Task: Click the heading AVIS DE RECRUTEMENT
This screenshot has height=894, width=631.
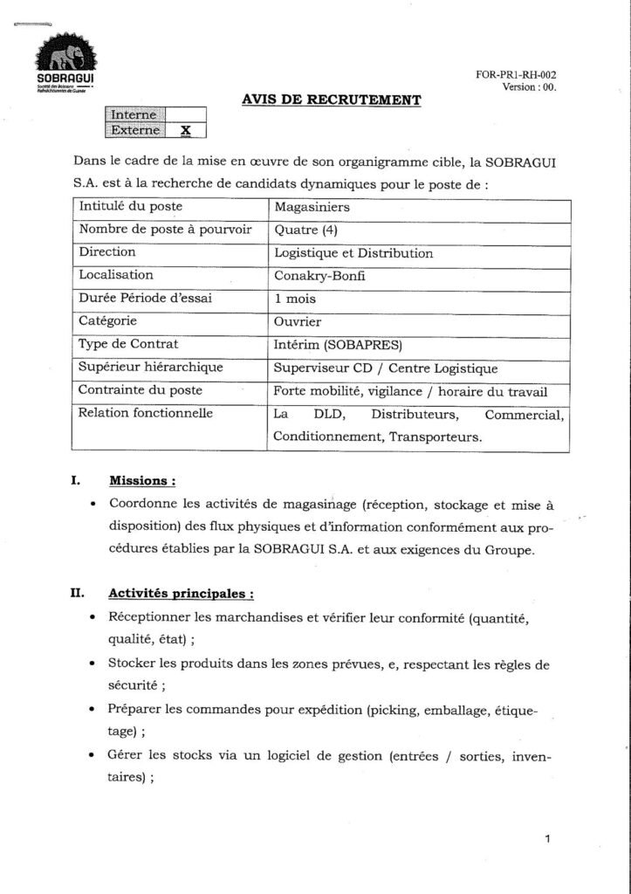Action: (331, 100)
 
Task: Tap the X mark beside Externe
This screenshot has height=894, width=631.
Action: (185, 130)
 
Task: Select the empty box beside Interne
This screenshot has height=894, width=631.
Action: (185, 114)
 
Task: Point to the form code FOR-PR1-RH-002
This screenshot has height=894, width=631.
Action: (516, 75)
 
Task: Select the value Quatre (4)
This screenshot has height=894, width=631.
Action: (305, 230)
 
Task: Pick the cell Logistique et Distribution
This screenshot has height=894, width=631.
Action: (353, 253)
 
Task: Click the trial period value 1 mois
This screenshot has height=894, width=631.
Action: (295, 299)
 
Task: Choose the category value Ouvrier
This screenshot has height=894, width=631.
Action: (298, 321)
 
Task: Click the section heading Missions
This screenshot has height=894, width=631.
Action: (142, 480)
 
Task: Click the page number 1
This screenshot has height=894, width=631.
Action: (546, 840)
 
